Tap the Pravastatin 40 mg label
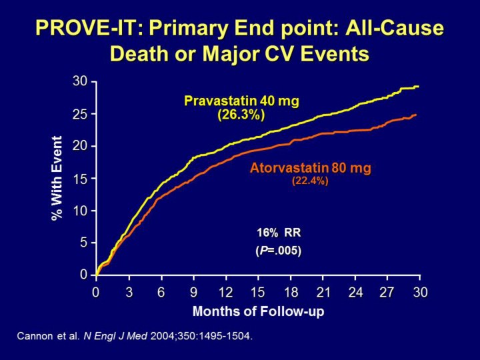click(x=241, y=101)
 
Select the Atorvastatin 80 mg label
click(x=310, y=168)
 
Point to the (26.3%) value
click(x=241, y=115)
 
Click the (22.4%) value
click(x=310, y=180)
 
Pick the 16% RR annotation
click(x=279, y=233)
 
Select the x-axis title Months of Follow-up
click(x=258, y=311)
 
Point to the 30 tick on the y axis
click(x=80, y=81)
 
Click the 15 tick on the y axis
click(x=80, y=178)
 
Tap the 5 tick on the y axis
click(x=83, y=243)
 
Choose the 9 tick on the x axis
click(x=193, y=292)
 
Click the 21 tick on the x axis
click(x=323, y=292)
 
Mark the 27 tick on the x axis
click(x=387, y=292)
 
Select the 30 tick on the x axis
click(x=420, y=292)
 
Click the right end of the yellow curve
click(x=418, y=87)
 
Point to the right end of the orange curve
click(x=416, y=115)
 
